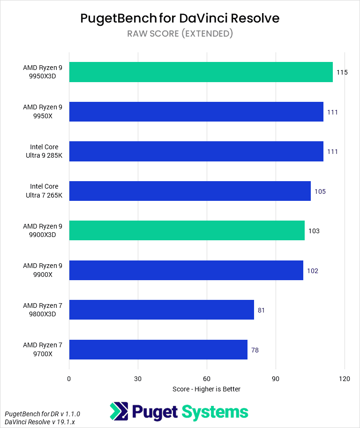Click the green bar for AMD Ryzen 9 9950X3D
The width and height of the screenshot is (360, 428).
tap(201, 72)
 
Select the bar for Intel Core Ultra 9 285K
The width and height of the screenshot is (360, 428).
tap(196, 152)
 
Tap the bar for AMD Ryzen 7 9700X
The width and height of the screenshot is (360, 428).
tap(158, 350)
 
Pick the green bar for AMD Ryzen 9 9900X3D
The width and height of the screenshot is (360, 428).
tap(187, 231)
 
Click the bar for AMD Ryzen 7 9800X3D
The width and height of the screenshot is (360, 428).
tap(161, 310)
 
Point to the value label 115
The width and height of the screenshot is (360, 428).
tap(342, 73)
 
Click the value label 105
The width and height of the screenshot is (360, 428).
tap(320, 191)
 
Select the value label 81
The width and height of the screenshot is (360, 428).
tap(261, 310)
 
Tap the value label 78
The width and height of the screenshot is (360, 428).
tap(255, 350)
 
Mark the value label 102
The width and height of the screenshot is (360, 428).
tap(312, 271)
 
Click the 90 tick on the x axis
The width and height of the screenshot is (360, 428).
tap(276, 379)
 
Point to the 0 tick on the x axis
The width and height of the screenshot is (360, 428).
tap(69, 379)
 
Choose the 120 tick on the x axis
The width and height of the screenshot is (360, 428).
tap(345, 379)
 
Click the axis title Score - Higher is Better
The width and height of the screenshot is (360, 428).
tap(206, 389)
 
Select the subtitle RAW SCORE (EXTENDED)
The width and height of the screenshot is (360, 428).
tap(180, 33)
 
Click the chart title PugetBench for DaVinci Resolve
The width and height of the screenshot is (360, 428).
tap(180, 18)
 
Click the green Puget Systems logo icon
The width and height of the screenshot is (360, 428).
tap(119, 412)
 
